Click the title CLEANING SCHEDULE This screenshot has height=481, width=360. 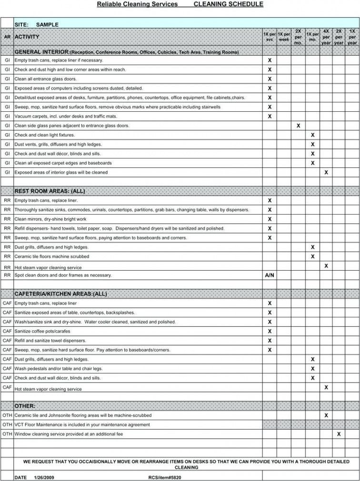[228, 4]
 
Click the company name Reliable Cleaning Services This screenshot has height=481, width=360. [137, 4]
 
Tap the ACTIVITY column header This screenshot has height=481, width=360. [27, 37]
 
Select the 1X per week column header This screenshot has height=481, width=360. [284, 37]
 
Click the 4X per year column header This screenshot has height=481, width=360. [326, 37]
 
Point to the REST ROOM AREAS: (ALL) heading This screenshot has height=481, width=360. [50, 191]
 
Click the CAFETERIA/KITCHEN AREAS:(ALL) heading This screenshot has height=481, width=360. [60, 294]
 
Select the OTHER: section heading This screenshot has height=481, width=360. [25, 406]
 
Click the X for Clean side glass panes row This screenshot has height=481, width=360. [298, 126]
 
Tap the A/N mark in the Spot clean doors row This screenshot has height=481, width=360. [270, 275]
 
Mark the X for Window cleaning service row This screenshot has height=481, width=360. [339, 434]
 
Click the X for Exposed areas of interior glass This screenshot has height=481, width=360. [326, 172]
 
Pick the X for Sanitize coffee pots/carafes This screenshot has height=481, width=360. [270, 331]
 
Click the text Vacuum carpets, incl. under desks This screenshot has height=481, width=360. [65, 117]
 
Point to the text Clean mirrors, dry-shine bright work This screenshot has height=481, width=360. [50, 219]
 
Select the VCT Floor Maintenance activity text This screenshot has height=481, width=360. [82, 425]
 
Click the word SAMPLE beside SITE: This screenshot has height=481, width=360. [47, 24]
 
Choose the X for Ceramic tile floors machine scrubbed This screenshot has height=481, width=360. [312, 256]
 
